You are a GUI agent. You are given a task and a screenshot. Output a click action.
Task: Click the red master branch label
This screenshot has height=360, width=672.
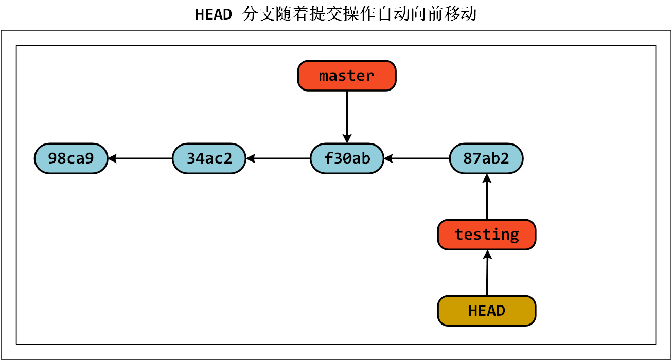click(x=347, y=76)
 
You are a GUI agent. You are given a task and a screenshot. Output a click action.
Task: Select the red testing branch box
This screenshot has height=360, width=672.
click(x=486, y=235)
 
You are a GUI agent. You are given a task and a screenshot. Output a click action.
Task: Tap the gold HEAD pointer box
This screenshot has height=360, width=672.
click(x=486, y=311)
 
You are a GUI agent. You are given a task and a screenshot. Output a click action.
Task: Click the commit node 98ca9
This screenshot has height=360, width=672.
click(x=71, y=158)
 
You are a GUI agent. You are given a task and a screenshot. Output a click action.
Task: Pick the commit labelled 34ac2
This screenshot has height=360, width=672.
click(x=209, y=158)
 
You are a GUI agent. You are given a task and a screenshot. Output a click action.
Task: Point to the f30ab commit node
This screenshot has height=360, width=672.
click(x=347, y=158)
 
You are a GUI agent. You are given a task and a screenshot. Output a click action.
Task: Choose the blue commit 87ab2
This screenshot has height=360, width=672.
click(x=486, y=158)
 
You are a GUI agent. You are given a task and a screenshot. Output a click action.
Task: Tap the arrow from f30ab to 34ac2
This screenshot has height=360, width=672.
click(x=278, y=158)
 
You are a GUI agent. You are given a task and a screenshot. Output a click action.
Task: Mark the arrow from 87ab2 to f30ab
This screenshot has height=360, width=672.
click(x=417, y=158)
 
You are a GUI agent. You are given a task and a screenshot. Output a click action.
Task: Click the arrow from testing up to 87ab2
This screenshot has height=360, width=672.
click(x=486, y=198)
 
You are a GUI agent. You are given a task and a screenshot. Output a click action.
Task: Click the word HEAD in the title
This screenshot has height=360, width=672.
click(x=214, y=14)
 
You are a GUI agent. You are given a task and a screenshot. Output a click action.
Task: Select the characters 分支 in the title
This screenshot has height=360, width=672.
click(x=258, y=14)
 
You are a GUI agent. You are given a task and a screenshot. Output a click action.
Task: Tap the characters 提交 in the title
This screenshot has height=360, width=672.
click(x=325, y=14)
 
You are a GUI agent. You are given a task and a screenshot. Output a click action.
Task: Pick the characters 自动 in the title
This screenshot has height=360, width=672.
click(x=393, y=14)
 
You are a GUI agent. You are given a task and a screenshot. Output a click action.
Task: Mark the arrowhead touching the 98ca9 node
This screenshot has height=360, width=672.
click(x=112, y=158)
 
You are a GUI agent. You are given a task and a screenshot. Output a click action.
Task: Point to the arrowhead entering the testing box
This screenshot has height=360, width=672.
click(x=487, y=254)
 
